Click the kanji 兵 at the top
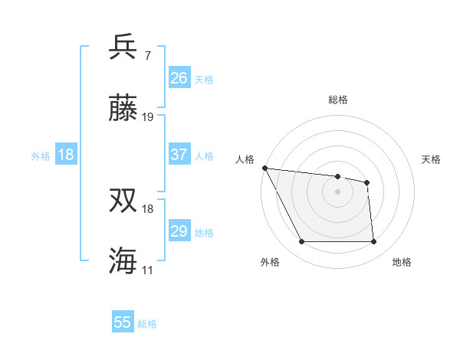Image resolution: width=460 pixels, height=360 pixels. (123, 47)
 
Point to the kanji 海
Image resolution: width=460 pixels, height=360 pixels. (123, 260)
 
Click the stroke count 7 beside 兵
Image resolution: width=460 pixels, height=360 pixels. (148, 56)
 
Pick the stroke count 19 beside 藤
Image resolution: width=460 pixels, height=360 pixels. (148, 117)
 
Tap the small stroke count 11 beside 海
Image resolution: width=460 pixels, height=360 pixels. (148, 270)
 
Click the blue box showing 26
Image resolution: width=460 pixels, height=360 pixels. (179, 77)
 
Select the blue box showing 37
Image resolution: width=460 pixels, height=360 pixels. (179, 155)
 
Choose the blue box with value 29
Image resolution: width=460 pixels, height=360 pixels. (179, 231)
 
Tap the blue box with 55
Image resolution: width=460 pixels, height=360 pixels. (123, 322)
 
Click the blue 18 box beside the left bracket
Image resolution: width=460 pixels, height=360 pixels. (66, 155)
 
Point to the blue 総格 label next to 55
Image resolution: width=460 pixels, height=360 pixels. (148, 324)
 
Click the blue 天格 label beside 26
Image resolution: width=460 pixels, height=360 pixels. (204, 79)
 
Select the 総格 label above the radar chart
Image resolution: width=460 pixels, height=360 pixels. (338, 100)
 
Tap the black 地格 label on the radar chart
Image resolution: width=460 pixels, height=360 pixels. (402, 262)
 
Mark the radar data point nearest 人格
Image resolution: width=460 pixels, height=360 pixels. (264, 168)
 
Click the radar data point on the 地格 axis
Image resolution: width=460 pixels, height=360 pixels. (373, 242)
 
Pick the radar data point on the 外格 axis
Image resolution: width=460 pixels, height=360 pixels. (301, 242)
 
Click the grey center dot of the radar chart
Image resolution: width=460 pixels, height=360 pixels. (338, 191)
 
